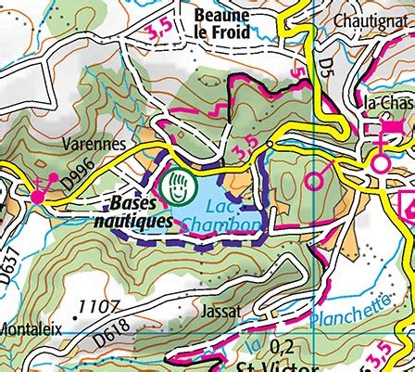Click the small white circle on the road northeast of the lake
click(270, 145)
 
